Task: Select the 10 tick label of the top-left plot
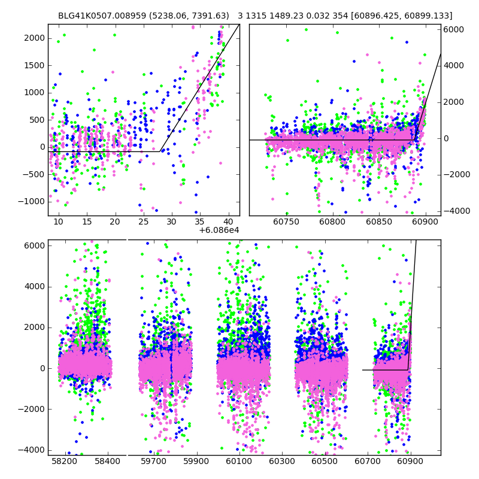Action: (58, 222)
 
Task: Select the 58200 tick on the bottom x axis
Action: (65, 462)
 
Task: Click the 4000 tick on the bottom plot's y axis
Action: (34, 286)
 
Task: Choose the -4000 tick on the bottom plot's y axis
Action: (32, 450)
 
